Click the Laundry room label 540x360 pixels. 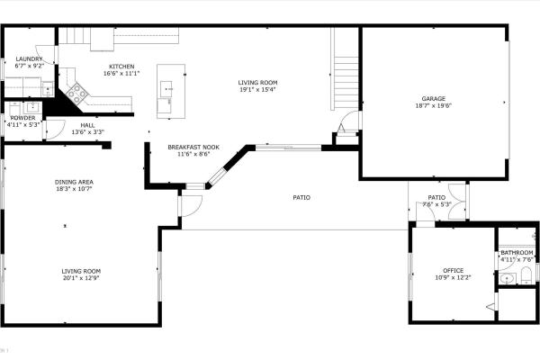tap(29, 59)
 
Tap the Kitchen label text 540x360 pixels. tap(121, 67)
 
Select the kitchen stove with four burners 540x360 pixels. tap(76, 90)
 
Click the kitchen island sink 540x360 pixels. tap(166, 87)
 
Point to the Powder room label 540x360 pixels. tap(22, 118)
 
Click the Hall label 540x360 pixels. tap(87, 125)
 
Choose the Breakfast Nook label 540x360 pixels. tap(193, 147)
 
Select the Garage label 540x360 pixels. tap(434, 98)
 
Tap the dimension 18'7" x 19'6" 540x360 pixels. tap(434, 105)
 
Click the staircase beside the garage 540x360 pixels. tap(345, 76)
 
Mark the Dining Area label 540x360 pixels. tap(74, 182)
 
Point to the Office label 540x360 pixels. tap(453, 270)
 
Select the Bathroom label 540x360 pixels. tap(517, 253)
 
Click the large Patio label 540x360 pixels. tap(301, 197)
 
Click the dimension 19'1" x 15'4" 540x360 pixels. tap(256, 89)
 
